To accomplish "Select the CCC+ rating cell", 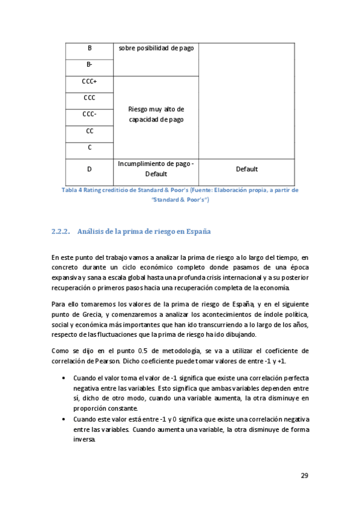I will pyautogui.click(x=90, y=81).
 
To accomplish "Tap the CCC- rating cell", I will pyautogui.click(x=90, y=114).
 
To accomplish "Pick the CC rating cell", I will pyautogui.click(x=90, y=131).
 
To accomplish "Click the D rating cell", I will pyautogui.click(x=90, y=170).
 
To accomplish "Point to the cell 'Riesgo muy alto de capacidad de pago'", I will pyautogui.click(x=156, y=114).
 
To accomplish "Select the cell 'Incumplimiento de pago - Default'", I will pyautogui.click(x=156, y=168).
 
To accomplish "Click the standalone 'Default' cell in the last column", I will pyautogui.click(x=246, y=170).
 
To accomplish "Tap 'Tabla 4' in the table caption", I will pyautogui.click(x=72, y=190).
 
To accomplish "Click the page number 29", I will pyautogui.click(x=304, y=476).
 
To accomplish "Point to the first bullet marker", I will pyautogui.click(x=64, y=378).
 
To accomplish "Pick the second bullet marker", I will pyautogui.click(x=64, y=419).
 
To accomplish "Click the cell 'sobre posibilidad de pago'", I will pyautogui.click(x=156, y=48).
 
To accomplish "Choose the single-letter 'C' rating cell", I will pyautogui.click(x=90, y=147).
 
